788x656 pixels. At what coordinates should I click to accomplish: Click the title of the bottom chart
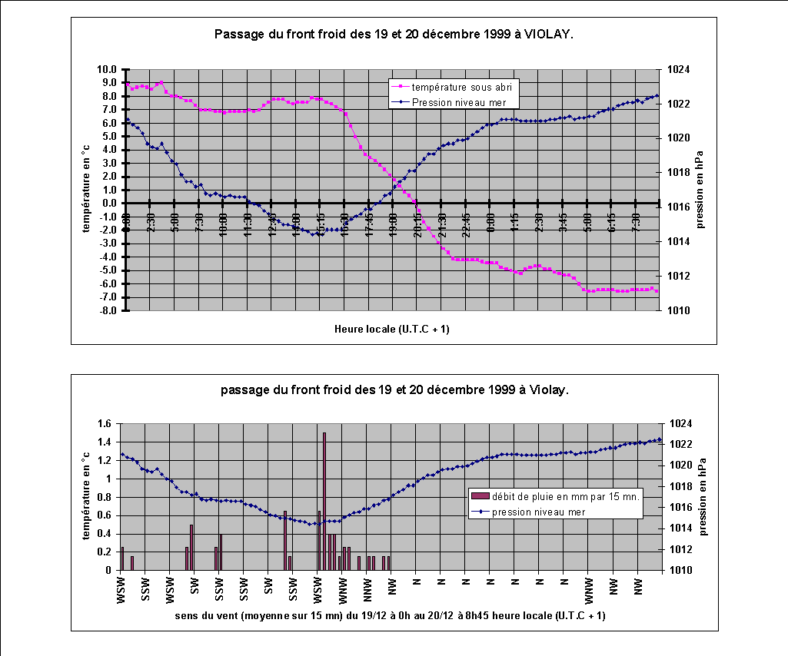coord(394,390)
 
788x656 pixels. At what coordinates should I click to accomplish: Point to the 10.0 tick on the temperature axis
coord(108,69)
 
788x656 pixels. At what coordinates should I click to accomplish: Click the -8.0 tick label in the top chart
coord(108,311)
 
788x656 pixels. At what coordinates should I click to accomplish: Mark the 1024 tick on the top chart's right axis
coord(681,69)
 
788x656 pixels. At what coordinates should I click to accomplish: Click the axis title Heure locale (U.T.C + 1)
coord(392,329)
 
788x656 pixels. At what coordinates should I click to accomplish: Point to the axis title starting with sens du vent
coord(390,616)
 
